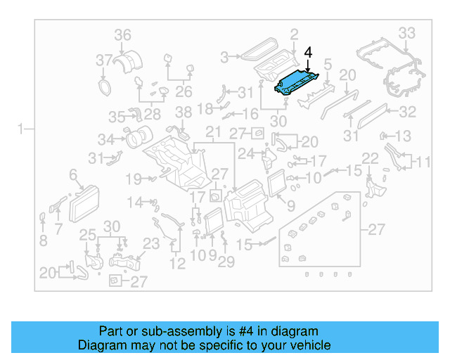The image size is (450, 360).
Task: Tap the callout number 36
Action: (122, 34)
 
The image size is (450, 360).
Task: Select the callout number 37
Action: (104, 59)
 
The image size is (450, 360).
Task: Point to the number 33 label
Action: (407, 32)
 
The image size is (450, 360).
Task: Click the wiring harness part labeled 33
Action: (394, 70)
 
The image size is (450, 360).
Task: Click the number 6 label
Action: (72, 173)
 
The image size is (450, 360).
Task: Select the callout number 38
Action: (183, 112)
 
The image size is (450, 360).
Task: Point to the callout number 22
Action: (370, 158)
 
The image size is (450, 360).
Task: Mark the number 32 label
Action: (408, 112)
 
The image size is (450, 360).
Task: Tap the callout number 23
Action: (151, 244)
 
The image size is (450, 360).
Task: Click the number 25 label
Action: (87, 234)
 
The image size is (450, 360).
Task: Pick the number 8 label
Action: (43, 240)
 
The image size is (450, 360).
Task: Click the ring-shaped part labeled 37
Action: (105, 86)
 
